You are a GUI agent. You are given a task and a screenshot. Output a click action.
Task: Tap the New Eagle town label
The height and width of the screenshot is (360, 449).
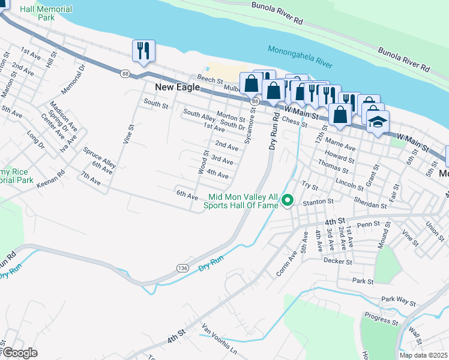pos(177,87)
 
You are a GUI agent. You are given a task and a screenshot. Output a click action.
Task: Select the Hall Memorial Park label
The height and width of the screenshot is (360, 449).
pos(46,14)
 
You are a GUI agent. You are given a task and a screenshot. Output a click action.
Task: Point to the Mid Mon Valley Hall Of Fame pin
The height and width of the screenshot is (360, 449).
pos(288,200)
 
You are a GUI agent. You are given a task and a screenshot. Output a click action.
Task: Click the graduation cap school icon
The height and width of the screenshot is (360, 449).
pos(377,122)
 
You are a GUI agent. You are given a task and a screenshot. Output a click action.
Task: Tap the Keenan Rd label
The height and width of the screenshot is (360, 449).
pos(51,178)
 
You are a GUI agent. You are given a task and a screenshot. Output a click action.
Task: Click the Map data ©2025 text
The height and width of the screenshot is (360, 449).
pos(424,355)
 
